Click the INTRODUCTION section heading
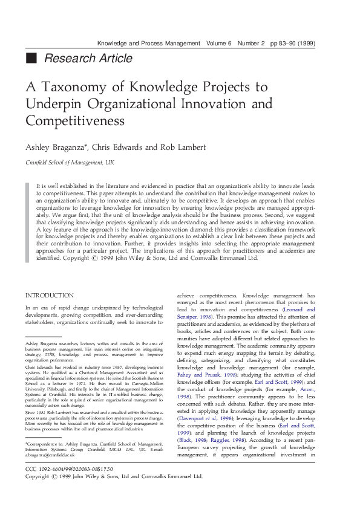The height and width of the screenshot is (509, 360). [x=49, y=296]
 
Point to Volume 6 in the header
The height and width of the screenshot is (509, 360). [x=220, y=44]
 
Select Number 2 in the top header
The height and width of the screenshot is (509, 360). [x=251, y=44]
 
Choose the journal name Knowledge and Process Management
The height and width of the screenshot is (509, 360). [x=148, y=44]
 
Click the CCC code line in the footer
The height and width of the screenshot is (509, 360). [x=65, y=485]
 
